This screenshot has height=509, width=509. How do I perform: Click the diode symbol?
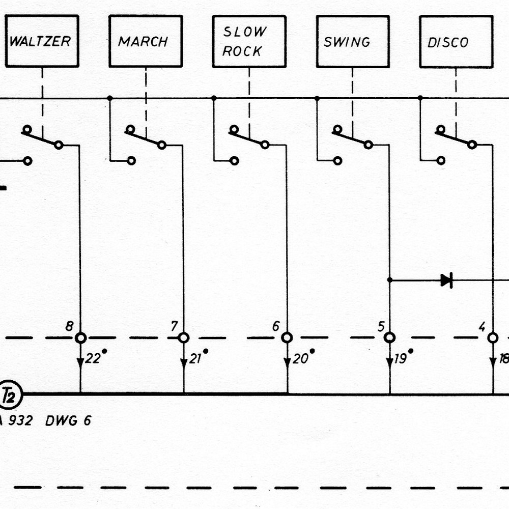[447, 280]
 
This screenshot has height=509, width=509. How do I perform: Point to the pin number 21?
[196, 359]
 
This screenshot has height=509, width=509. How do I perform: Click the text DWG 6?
[68, 421]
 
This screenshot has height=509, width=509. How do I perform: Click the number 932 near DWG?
[20, 421]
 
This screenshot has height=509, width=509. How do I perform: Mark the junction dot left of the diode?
[390, 280]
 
